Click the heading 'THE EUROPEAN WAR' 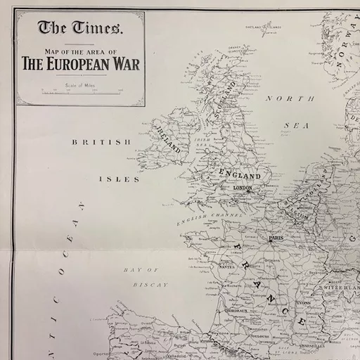(80, 65)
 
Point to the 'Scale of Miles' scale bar (82, 91)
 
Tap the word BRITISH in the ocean (102, 142)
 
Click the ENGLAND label (240, 174)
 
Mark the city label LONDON (242, 188)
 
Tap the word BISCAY (150, 285)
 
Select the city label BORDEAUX (236, 310)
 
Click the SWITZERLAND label (341, 288)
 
